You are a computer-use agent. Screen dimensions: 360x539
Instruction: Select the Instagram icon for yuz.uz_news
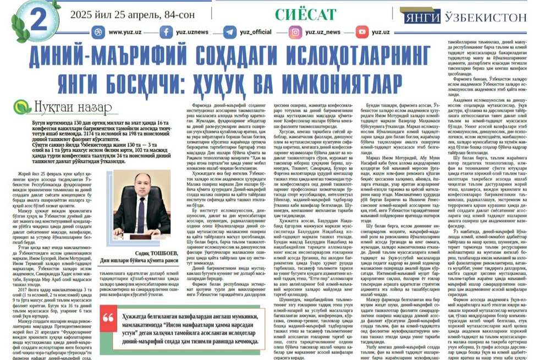tap(295, 32)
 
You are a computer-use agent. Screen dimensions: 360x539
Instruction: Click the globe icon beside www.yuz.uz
tap(97, 32)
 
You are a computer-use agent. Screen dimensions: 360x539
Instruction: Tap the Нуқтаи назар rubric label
tap(64, 107)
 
